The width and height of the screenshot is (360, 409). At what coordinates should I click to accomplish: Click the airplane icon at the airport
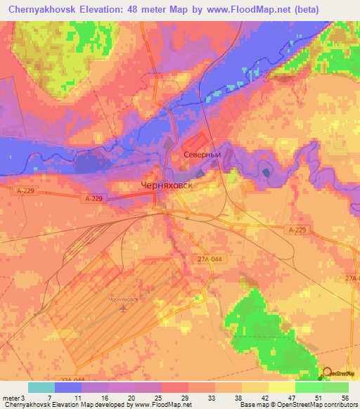124,308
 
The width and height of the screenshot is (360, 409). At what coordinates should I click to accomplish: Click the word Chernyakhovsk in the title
46,10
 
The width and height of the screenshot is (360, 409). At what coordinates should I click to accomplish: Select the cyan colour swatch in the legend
41,387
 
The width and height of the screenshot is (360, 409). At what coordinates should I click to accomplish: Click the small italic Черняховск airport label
124,299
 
